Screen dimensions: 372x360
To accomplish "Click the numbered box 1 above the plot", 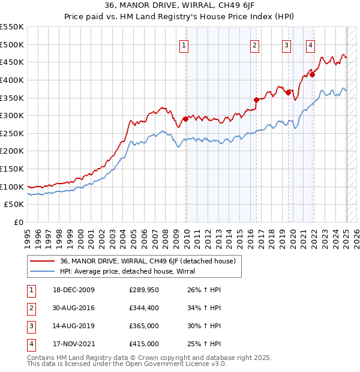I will [184, 45].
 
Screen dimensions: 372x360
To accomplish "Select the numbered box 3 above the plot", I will [286, 45].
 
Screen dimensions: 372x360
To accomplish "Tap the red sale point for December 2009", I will [185, 119].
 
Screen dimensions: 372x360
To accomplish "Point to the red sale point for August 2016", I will [256, 100].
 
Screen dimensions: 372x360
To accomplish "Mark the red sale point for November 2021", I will [312, 74].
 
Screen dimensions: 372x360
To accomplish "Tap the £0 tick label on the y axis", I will [18, 223].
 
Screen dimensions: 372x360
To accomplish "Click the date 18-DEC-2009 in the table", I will [73, 290].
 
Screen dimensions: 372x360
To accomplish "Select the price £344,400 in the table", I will [144, 308].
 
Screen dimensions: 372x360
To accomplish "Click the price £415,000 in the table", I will [144, 344].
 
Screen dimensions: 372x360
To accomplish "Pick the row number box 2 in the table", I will [31, 308].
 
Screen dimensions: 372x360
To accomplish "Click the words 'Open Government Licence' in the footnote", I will [169, 364].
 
